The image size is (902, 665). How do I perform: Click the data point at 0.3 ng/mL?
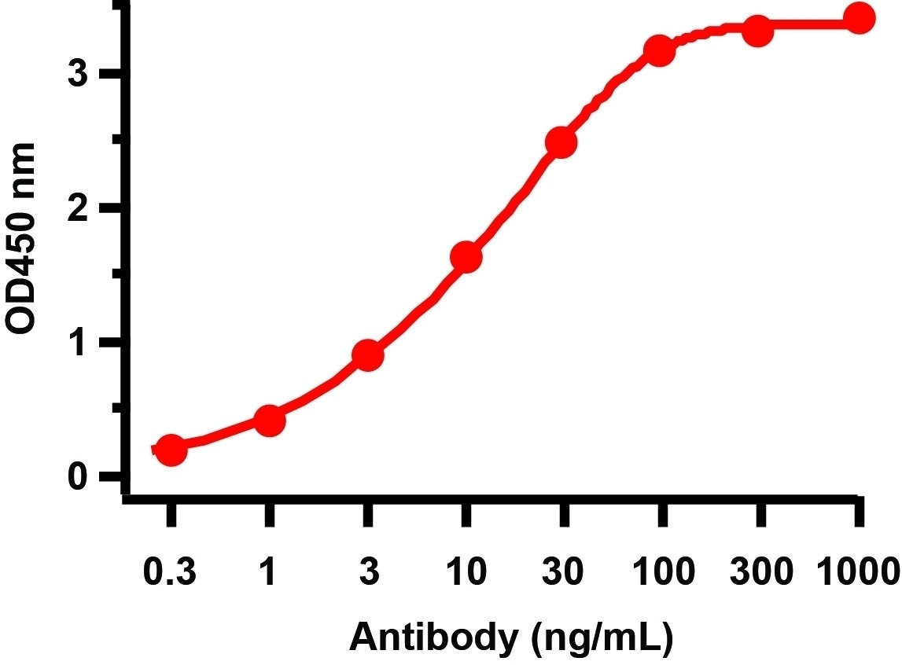tap(171, 450)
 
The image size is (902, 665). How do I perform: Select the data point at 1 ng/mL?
tap(269, 421)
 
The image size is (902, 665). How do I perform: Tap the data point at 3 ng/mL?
tap(368, 356)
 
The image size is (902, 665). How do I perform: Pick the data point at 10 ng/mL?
tap(466, 257)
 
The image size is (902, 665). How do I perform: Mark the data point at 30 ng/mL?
tap(561, 143)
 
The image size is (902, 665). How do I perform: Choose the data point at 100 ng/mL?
tap(660, 52)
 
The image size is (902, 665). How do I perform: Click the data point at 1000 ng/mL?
tap(860, 18)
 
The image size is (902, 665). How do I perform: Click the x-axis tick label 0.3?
tap(171, 572)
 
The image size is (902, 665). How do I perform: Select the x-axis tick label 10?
tap(466, 572)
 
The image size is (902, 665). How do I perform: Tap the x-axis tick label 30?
tap(563, 572)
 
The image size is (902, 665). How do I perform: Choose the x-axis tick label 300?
tap(760, 572)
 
